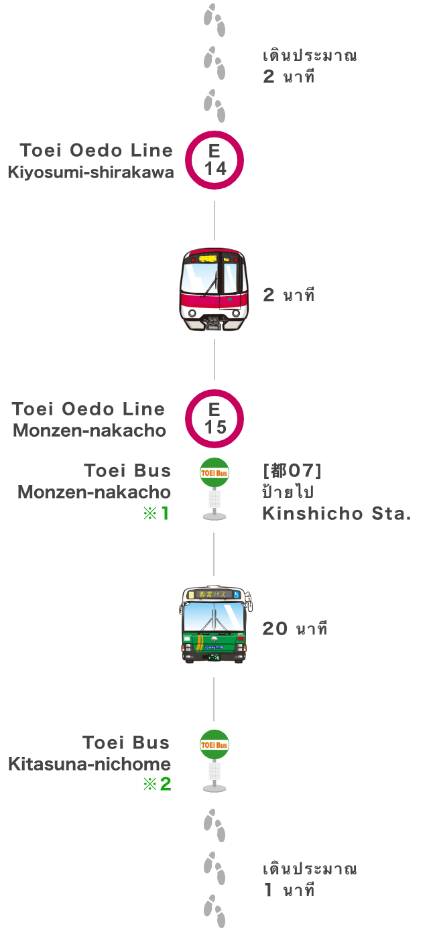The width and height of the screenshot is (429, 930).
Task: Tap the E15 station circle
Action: tap(214, 419)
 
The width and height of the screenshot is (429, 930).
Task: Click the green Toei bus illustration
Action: tap(214, 624)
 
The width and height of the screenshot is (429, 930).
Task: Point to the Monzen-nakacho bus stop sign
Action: tap(214, 488)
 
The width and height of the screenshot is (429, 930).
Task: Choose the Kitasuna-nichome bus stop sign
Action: tap(214, 760)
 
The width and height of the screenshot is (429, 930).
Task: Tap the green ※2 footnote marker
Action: tap(158, 785)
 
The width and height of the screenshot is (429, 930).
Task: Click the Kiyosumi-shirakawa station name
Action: tap(90, 172)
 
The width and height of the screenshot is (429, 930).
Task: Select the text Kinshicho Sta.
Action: tap(336, 514)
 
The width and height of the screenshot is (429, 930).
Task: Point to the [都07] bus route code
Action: tap(292, 471)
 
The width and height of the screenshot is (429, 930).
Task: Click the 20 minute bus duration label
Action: tap(295, 628)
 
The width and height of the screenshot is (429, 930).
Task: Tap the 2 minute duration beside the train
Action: tap(289, 295)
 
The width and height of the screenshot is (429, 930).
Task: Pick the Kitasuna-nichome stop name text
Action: tap(90, 764)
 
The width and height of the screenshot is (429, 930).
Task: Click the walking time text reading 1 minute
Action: tap(289, 890)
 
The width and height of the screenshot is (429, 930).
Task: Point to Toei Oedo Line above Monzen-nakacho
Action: tap(88, 409)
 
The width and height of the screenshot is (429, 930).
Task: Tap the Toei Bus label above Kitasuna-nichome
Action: tap(126, 742)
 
